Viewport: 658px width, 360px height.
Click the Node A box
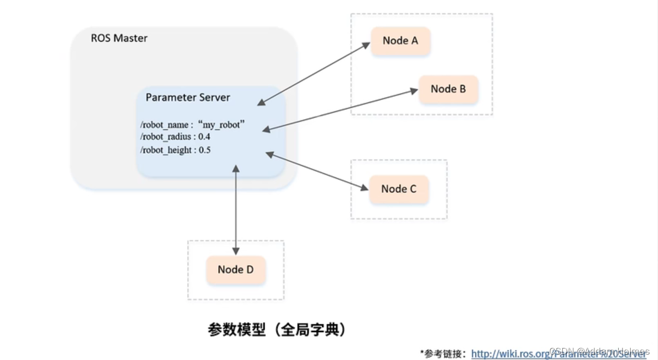coord(400,41)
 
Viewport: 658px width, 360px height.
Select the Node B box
coord(448,89)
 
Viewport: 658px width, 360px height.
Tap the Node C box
coord(399,189)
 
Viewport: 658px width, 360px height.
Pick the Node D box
coord(235,270)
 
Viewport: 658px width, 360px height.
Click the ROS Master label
coord(119,39)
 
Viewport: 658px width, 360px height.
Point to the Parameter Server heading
coord(188,98)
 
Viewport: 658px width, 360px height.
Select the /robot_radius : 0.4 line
coord(175,137)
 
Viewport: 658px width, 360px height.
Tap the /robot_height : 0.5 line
coord(175,150)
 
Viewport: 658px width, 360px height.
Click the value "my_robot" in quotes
coord(221,125)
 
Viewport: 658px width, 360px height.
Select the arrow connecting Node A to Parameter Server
coord(314,73)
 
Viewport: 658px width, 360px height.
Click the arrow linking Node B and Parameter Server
coord(340,110)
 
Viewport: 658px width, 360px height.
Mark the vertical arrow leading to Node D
coord(235,209)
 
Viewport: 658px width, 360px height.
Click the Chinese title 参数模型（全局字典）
coord(277,330)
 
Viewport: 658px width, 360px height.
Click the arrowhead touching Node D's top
coord(235,251)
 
